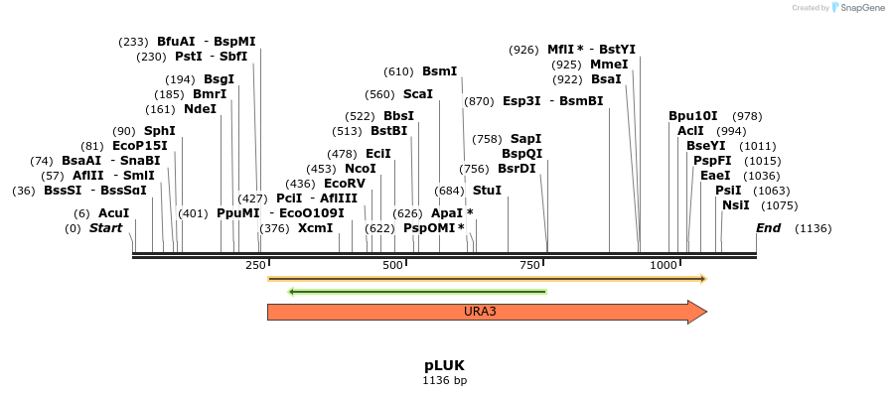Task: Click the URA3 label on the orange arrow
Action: (480, 312)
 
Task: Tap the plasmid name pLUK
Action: (444, 364)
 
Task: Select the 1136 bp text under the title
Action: (444, 380)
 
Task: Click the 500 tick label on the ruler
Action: (392, 266)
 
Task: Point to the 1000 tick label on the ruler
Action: (663, 266)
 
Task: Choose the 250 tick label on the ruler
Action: (254, 266)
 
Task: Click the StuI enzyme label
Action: (487, 190)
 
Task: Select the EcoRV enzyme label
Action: (345, 184)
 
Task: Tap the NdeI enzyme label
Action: (200, 109)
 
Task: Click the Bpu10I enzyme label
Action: (692, 116)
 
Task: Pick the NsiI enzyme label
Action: (736, 205)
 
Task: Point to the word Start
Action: (106, 228)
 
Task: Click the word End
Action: (768, 228)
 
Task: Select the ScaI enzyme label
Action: (418, 94)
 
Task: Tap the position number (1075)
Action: (779, 205)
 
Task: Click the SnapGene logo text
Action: (859, 8)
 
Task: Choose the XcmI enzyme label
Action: (316, 228)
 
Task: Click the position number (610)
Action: (397, 71)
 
